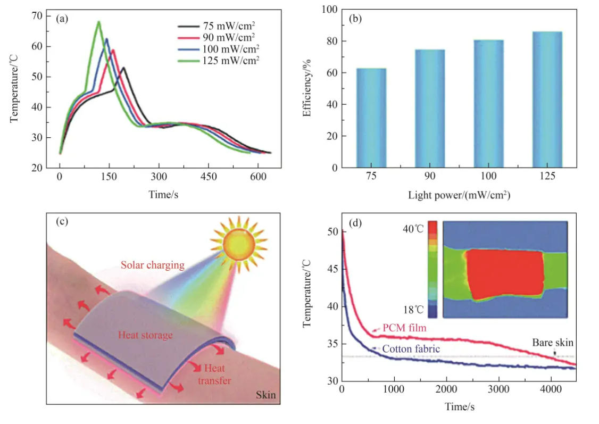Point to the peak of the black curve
[123, 68]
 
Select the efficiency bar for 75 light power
[371, 118]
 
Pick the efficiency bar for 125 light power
[547, 99]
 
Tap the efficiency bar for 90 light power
[430, 109]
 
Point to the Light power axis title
[460, 195]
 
